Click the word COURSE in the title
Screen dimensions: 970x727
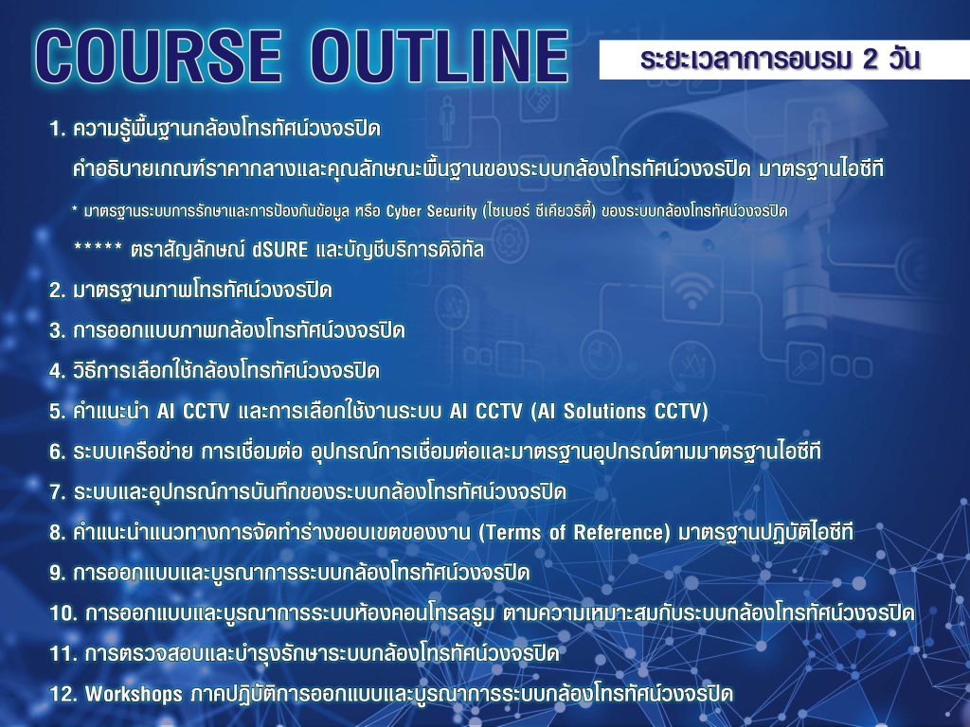coord(158,56)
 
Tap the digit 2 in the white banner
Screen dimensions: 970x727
coord(870,60)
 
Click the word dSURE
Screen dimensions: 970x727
coord(279,250)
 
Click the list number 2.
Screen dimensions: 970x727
coord(57,290)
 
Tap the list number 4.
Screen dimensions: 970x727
coord(57,371)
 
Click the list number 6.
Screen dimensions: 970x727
coord(57,452)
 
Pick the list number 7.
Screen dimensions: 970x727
coord(57,492)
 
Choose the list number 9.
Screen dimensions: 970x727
coord(57,573)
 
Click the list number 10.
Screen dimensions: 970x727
coord(63,613)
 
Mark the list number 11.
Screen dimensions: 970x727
coord(63,653)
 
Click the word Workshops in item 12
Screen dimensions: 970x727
coord(134,694)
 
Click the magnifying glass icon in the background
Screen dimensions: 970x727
coord(806,361)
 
